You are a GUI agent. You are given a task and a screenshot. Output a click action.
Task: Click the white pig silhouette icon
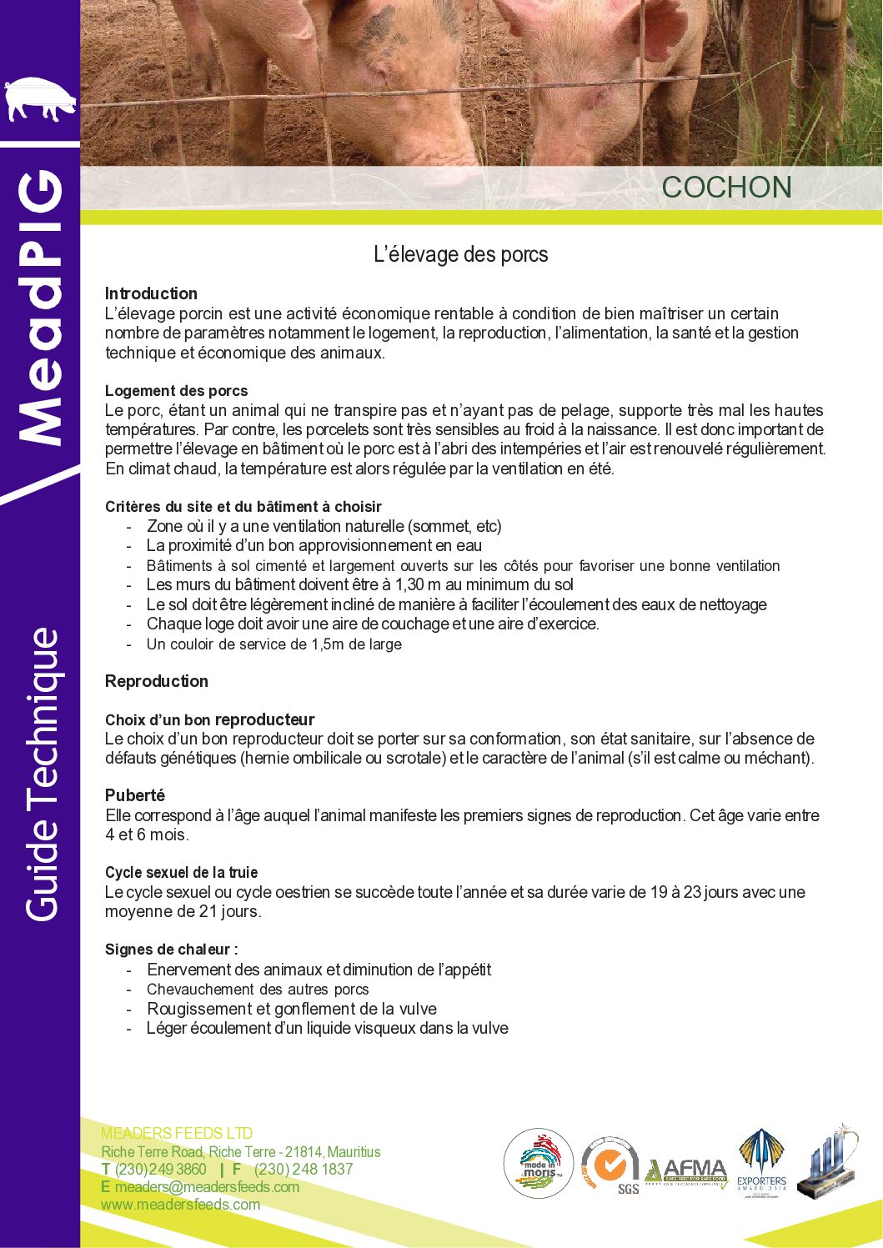(40, 99)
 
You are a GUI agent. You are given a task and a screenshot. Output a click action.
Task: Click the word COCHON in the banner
(726, 188)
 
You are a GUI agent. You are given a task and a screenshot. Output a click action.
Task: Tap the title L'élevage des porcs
(460, 254)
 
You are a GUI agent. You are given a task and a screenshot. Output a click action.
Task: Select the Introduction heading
(151, 293)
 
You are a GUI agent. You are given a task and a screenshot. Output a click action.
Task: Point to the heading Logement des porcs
(176, 390)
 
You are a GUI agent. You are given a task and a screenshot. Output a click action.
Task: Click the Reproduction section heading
(157, 681)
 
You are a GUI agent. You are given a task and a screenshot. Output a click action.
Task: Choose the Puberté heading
(135, 795)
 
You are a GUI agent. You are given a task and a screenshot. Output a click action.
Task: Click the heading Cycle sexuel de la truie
(181, 872)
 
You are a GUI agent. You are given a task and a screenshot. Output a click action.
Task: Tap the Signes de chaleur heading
(171, 950)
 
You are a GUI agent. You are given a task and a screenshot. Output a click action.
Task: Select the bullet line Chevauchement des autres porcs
(258, 990)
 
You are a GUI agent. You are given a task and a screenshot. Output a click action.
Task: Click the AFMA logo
(686, 1170)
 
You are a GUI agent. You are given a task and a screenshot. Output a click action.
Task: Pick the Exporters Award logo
(761, 1163)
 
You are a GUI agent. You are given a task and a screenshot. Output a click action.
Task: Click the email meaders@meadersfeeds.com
(207, 1186)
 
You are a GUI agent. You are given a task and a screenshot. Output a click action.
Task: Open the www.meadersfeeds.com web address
(180, 1205)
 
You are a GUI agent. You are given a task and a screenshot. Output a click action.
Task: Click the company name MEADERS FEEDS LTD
(177, 1133)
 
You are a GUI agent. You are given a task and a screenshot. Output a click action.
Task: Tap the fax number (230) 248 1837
(304, 1169)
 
